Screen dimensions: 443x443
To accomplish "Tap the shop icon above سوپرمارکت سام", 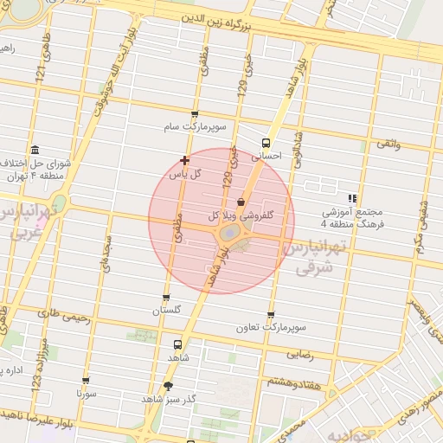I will pyautogui.click(x=194, y=114).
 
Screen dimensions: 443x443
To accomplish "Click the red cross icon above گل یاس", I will pyautogui.click(x=184, y=160).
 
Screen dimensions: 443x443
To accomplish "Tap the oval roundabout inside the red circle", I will pyautogui.click(x=228, y=234).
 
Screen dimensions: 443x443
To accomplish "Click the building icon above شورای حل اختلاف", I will pyautogui.click(x=35, y=150).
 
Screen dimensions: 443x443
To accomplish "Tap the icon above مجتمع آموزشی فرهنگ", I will pyautogui.click(x=352, y=198).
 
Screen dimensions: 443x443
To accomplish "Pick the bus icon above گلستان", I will pyautogui.click(x=166, y=298).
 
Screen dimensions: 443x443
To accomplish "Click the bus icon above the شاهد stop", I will pyautogui.click(x=178, y=343).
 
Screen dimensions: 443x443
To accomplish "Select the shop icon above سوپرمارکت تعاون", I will pyautogui.click(x=272, y=315).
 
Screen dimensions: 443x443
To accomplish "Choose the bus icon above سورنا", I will pyautogui.click(x=86, y=380).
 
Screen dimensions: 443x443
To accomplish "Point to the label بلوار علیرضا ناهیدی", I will pyautogui.click(x=43, y=414).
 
